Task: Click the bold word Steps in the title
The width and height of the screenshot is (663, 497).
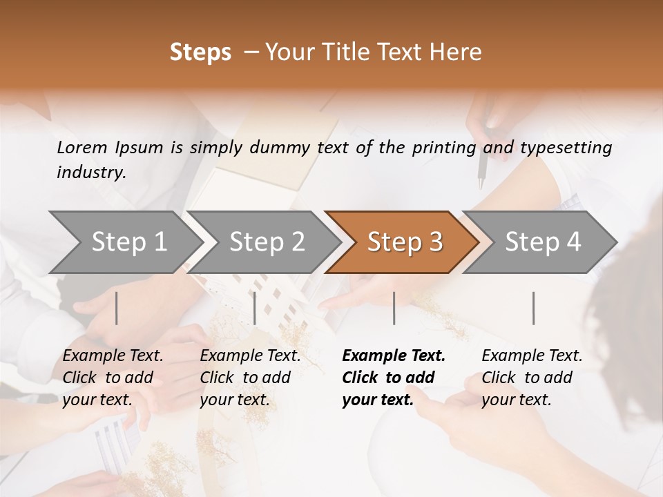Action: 200,52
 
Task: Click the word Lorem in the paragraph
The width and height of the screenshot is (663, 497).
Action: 81,147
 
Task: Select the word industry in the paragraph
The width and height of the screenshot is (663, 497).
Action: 90,173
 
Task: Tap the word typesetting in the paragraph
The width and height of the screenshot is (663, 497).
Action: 566,148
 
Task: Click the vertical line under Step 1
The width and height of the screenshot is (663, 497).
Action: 117,308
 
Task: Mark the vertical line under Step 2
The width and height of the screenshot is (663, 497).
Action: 255,308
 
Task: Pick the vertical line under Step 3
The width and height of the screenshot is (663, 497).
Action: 394,308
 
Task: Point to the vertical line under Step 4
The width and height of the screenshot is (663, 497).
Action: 533,308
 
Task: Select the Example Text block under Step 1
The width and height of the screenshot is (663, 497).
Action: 113,378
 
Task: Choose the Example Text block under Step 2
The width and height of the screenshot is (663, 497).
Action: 250,378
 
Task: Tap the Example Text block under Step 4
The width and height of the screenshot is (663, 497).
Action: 532,378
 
